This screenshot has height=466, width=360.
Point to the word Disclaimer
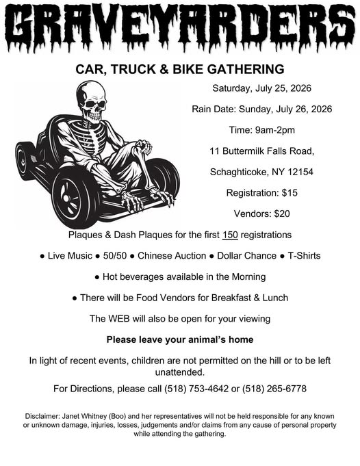pyautogui.click(x=42, y=416)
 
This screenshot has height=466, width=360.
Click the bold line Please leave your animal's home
pyautogui.click(x=180, y=339)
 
